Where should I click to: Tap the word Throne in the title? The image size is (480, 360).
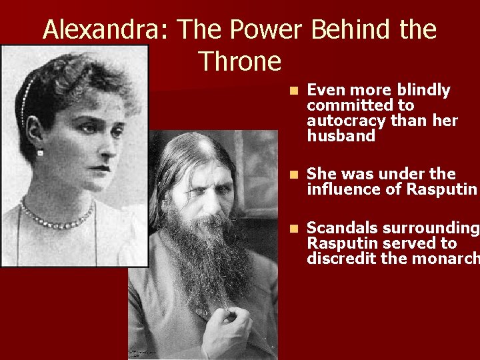click(x=240, y=61)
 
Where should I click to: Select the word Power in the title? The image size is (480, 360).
click(x=261, y=30)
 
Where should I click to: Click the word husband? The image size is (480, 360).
click(x=341, y=136)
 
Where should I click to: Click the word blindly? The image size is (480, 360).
click(x=423, y=90)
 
